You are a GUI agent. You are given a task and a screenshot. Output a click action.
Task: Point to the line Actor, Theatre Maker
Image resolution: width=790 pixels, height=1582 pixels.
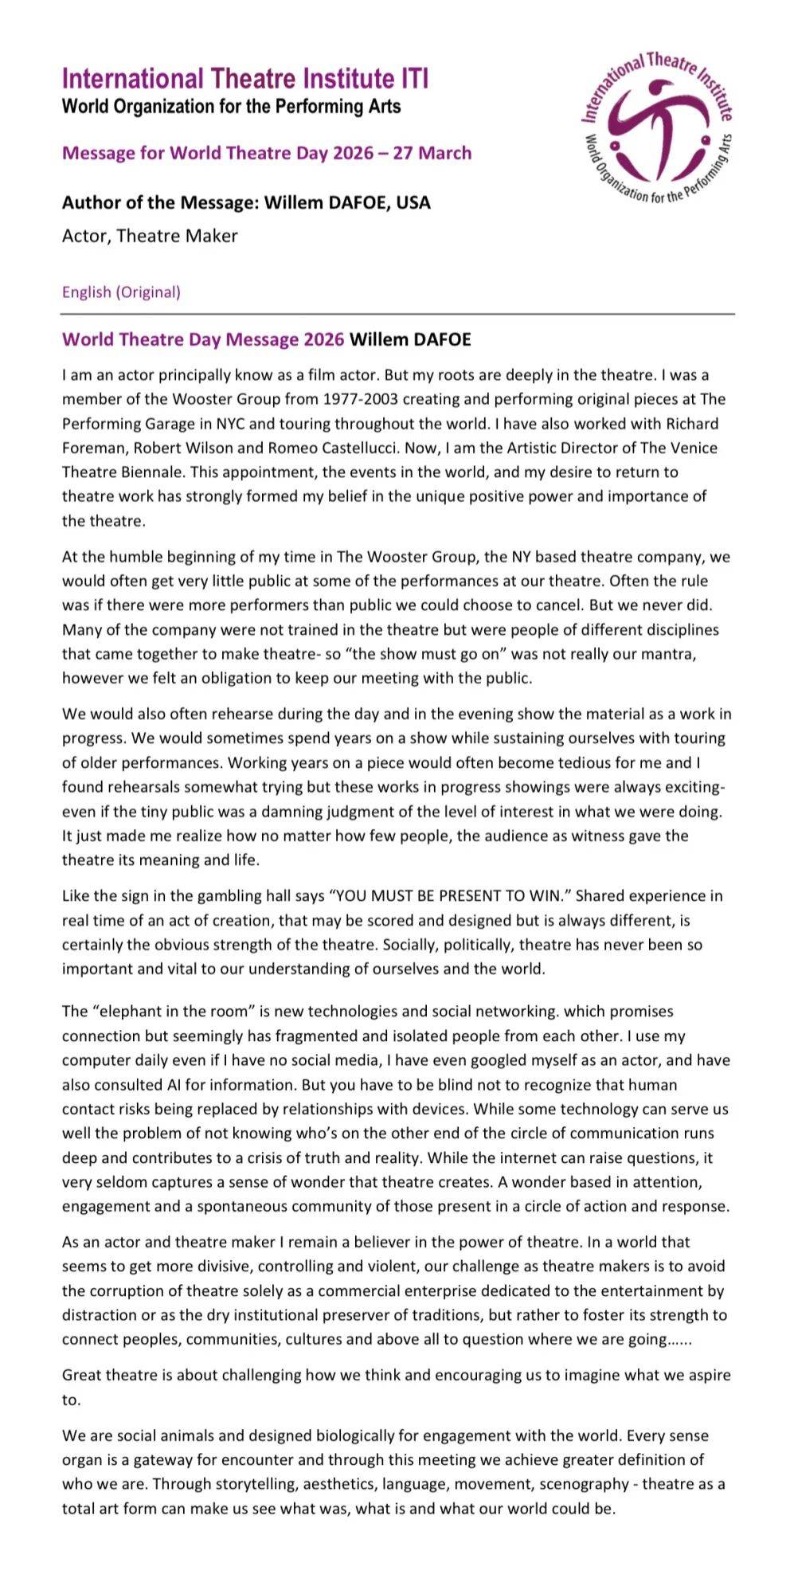click(x=150, y=236)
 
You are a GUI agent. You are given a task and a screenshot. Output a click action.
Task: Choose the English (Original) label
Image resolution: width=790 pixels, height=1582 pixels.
click(x=121, y=292)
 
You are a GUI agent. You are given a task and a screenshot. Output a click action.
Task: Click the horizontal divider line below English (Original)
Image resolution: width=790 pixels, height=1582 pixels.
click(x=398, y=315)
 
